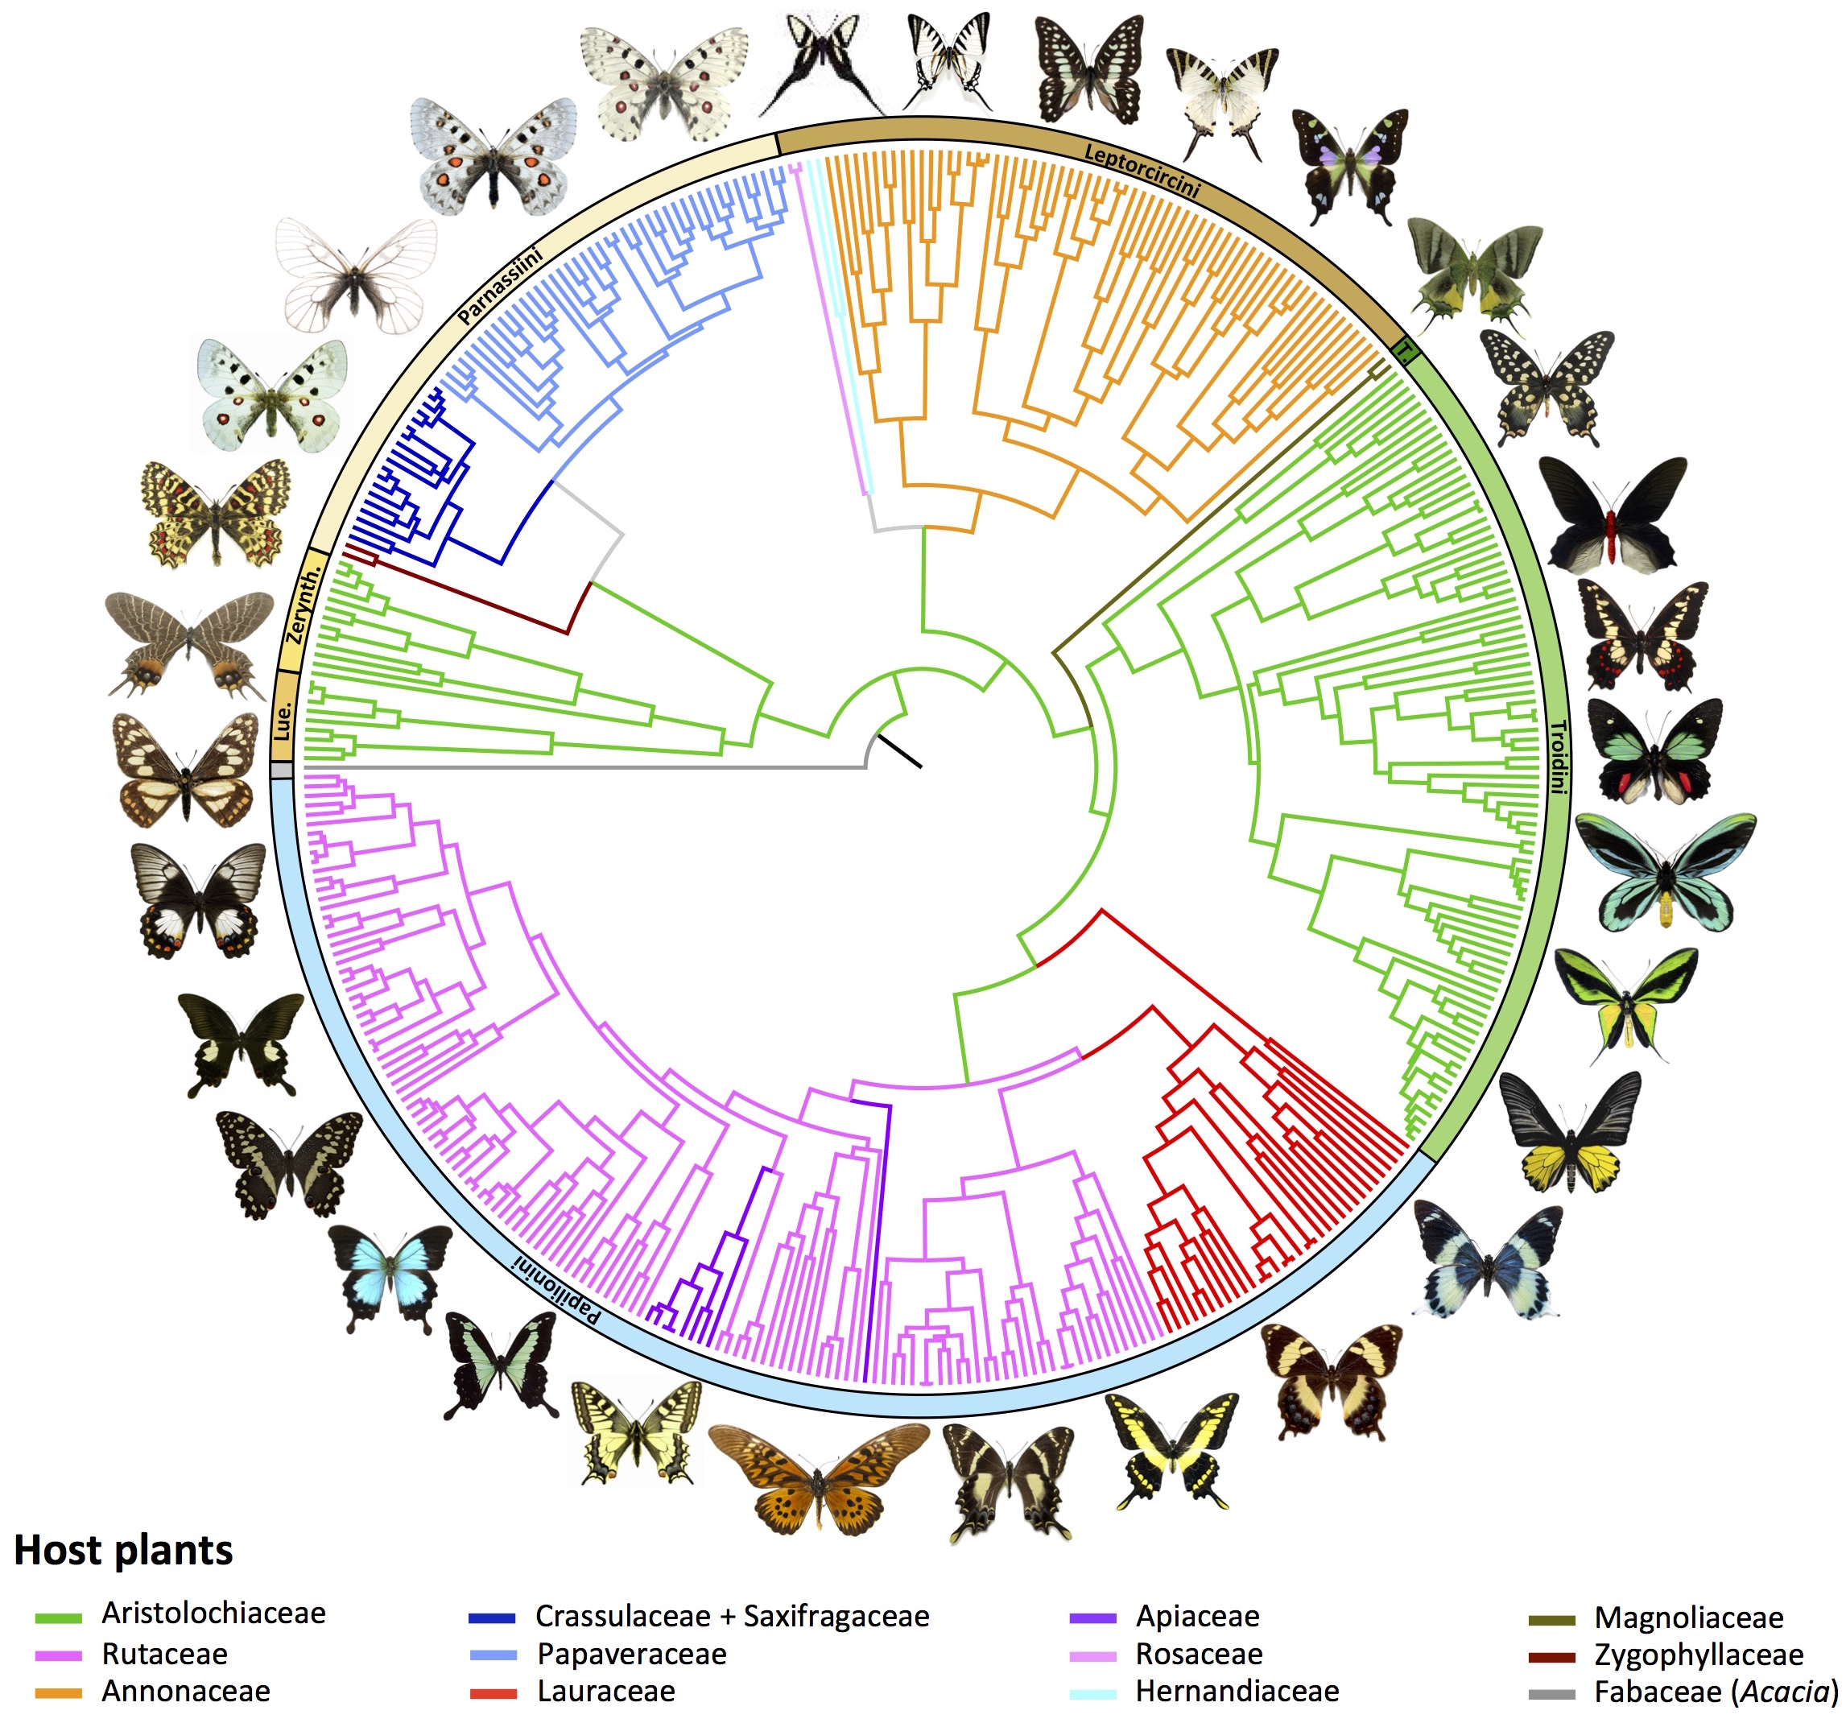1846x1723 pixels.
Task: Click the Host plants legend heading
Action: click(x=123, y=1550)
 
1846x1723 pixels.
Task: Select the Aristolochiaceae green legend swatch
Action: click(x=59, y=1617)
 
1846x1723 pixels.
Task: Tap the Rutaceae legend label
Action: click(x=164, y=1655)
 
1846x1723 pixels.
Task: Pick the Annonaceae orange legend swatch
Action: click(x=59, y=1692)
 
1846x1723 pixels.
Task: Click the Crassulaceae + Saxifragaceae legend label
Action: click(x=732, y=1616)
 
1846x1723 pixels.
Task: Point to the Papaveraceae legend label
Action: click(x=631, y=1655)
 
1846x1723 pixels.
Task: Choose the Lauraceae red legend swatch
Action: click(x=493, y=1693)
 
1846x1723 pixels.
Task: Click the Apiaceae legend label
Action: click(x=1197, y=1616)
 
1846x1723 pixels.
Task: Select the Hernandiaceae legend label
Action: click(x=1237, y=1692)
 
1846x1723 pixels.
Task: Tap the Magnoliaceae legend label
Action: click(x=1688, y=1617)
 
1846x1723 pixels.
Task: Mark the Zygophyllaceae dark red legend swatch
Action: click(x=1551, y=1656)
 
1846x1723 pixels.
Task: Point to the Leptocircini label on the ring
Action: click(x=1142, y=171)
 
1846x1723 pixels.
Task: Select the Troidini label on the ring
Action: click(x=1557, y=757)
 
